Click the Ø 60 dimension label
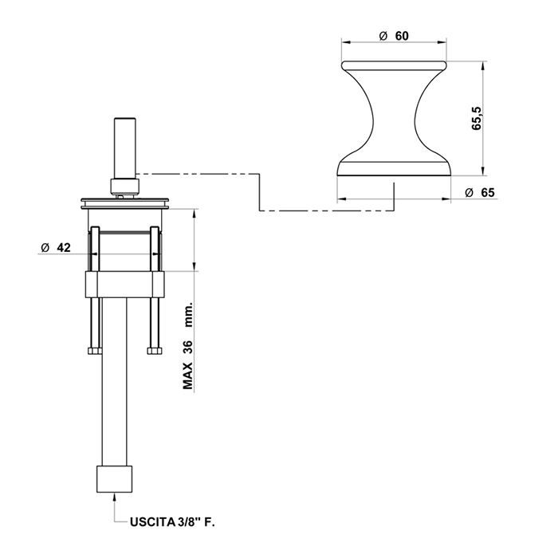394,36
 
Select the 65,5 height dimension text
477,118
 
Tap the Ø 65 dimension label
480,193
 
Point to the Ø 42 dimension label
56,247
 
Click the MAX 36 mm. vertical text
187,345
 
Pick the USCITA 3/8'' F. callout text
172,522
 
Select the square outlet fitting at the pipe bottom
114,479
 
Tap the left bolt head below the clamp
95,351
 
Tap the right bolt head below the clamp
155,351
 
